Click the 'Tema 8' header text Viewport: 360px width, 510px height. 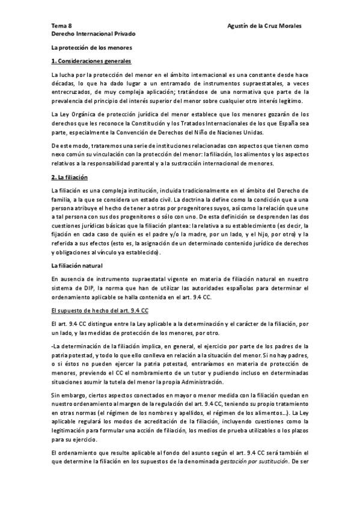pos(61,26)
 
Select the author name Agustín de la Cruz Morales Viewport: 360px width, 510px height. pos(265,26)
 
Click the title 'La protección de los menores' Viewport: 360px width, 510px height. pos(91,48)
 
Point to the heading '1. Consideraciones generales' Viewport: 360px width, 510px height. pos(91,61)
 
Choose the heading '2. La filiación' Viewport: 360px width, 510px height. pos(70,178)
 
